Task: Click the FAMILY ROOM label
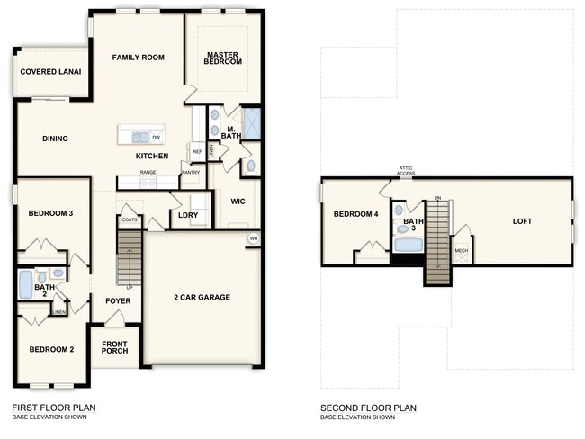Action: (x=138, y=58)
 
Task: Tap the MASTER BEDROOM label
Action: (x=222, y=58)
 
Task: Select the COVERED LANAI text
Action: (x=51, y=71)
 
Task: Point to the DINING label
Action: (x=55, y=139)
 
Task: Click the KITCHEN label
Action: (x=152, y=157)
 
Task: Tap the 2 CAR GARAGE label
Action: (x=202, y=297)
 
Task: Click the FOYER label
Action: (x=117, y=301)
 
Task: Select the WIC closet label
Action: (x=238, y=202)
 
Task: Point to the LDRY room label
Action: (x=188, y=215)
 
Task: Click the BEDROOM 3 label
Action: (x=50, y=213)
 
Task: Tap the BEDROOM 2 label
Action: (x=50, y=349)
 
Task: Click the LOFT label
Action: (x=522, y=220)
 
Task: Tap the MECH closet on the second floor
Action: (x=461, y=251)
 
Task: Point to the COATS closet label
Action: (x=129, y=219)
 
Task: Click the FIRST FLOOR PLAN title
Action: (x=53, y=408)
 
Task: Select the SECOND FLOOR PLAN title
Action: (x=368, y=408)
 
